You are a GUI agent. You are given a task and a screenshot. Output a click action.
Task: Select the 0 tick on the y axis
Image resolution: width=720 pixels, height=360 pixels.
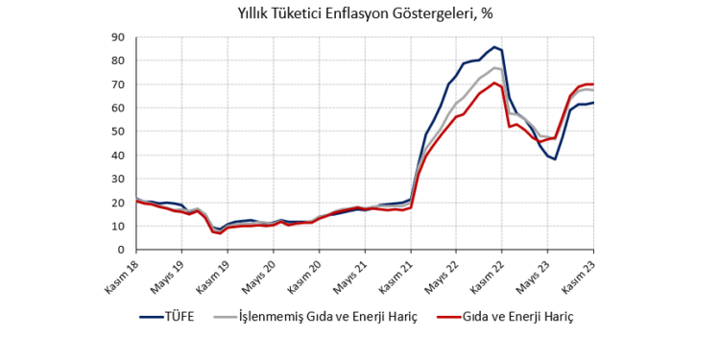point(122,250)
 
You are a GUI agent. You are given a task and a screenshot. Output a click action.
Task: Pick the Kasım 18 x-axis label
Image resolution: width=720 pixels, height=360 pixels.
point(122,274)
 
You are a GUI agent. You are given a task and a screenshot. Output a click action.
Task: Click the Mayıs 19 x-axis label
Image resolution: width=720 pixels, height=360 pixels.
point(168,274)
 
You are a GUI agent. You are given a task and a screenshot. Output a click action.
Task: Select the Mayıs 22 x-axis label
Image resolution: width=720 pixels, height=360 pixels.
point(442,274)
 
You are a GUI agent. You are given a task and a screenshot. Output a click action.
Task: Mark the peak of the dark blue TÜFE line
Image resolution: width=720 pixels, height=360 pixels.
point(494,47)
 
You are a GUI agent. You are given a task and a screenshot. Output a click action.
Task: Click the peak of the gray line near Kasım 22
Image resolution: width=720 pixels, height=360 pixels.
point(494,67)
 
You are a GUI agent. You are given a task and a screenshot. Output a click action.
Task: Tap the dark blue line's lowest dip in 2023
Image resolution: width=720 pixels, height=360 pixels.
point(555,159)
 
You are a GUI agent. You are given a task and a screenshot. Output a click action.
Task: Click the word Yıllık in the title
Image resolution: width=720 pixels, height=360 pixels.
point(256,14)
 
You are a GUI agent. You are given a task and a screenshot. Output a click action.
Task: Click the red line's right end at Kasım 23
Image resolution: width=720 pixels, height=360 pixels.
point(593,84)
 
